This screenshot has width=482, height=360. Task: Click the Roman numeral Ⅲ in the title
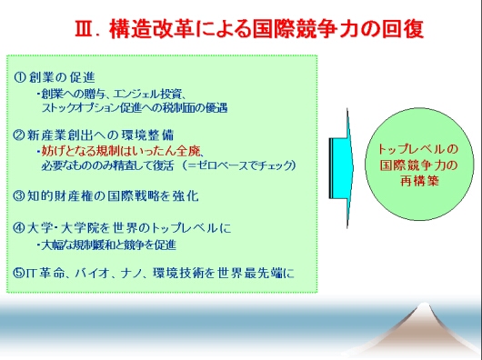tap(84, 29)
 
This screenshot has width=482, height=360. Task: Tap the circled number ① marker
tap(20, 77)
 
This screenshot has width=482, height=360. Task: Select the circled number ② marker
tap(19, 135)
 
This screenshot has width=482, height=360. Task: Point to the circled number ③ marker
tap(19, 195)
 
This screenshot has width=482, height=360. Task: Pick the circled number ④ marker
tap(19, 228)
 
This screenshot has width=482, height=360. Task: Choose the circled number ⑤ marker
tap(19, 273)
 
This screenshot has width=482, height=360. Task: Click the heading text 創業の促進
tap(63, 77)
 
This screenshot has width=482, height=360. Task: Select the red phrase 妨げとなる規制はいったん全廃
tap(121, 151)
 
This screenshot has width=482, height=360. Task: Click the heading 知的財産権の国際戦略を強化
tap(113, 195)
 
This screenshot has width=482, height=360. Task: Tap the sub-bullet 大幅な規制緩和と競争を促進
tap(109, 245)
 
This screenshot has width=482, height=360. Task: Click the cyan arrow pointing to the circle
tap(341, 168)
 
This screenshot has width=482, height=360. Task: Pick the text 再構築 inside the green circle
tap(419, 181)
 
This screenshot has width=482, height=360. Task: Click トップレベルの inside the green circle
tap(418, 149)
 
